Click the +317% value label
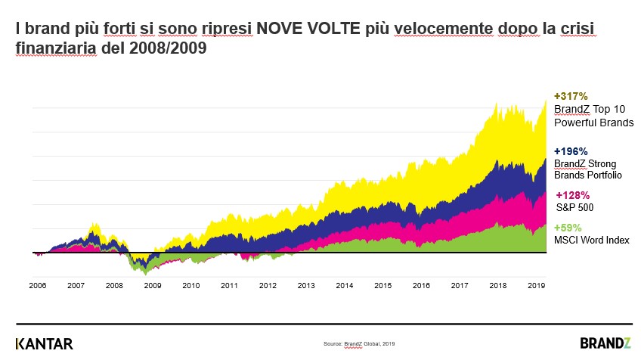(x=571, y=97)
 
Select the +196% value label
(x=571, y=151)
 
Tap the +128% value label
(x=571, y=194)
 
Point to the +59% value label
(x=568, y=228)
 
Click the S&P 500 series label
(x=574, y=206)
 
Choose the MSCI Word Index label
(x=592, y=240)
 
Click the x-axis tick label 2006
(x=37, y=286)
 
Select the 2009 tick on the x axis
(x=153, y=286)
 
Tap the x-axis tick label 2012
(x=268, y=286)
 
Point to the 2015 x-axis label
(x=382, y=286)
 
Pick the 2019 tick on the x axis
(x=536, y=286)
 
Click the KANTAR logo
(x=45, y=343)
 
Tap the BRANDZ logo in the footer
(x=605, y=343)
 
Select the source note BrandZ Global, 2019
(x=359, y=344)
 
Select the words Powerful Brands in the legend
(x=594, y=122)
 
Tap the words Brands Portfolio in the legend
(x=588, y=175)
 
